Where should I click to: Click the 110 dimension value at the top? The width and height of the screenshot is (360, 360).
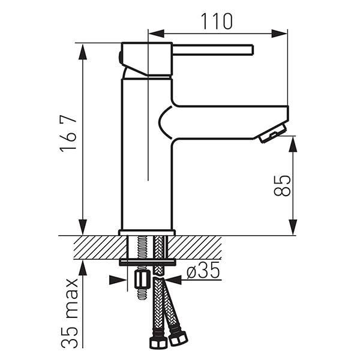pos(217,22)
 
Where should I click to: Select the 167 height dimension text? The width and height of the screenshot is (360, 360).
pos(68,134)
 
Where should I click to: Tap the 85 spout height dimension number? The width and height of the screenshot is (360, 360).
pos(282,185)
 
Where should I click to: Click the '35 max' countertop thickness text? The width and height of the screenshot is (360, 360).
pos(70,313)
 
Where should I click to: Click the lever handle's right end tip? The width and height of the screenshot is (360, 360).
pos(253,50)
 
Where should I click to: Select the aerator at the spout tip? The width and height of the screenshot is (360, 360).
pos(273,133)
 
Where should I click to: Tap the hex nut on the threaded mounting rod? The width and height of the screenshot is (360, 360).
pos(142,280)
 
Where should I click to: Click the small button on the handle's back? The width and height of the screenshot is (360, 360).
pos(119,58)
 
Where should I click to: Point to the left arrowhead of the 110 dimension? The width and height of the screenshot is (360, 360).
pos(157,34)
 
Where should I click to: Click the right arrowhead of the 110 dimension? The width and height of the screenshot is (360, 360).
pos(279,34)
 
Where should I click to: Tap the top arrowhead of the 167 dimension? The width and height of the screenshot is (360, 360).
pos(83,52)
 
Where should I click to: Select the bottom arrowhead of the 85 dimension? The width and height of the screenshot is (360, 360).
pos(293,227)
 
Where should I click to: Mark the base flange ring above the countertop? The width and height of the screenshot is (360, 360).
pos(147,233)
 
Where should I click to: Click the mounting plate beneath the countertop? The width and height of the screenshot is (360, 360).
pos(148,262)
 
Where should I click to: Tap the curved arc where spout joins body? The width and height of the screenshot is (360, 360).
pos(164,122)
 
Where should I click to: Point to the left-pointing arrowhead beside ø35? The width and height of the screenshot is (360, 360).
pos(173,280)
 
